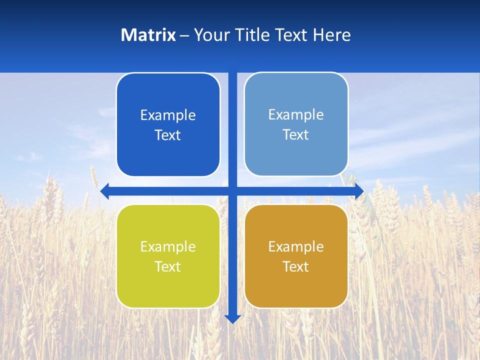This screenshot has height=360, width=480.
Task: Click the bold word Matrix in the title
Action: coord(148,35)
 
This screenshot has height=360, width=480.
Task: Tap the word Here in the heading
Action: coord(331,35)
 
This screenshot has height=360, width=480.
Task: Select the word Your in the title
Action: coord(211,35)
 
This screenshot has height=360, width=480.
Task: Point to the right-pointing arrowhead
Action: coord(359,191)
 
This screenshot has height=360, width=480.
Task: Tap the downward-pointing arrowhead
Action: coord(232,318)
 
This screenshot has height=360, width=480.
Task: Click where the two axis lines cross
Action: coord(232,191)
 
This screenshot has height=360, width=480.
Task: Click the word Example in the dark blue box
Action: coord(168,115)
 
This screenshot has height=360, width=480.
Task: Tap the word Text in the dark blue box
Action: coord(168,135)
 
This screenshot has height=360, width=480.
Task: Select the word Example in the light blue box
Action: coord(296,114)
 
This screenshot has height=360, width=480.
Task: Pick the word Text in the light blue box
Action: coord(296,134)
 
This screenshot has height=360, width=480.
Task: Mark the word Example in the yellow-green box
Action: coord(168,246)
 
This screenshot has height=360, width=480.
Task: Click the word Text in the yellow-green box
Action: coord(168,266)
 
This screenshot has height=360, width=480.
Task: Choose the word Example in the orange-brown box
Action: coord(296,246)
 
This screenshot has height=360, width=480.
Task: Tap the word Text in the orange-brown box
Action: coord(296,266)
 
